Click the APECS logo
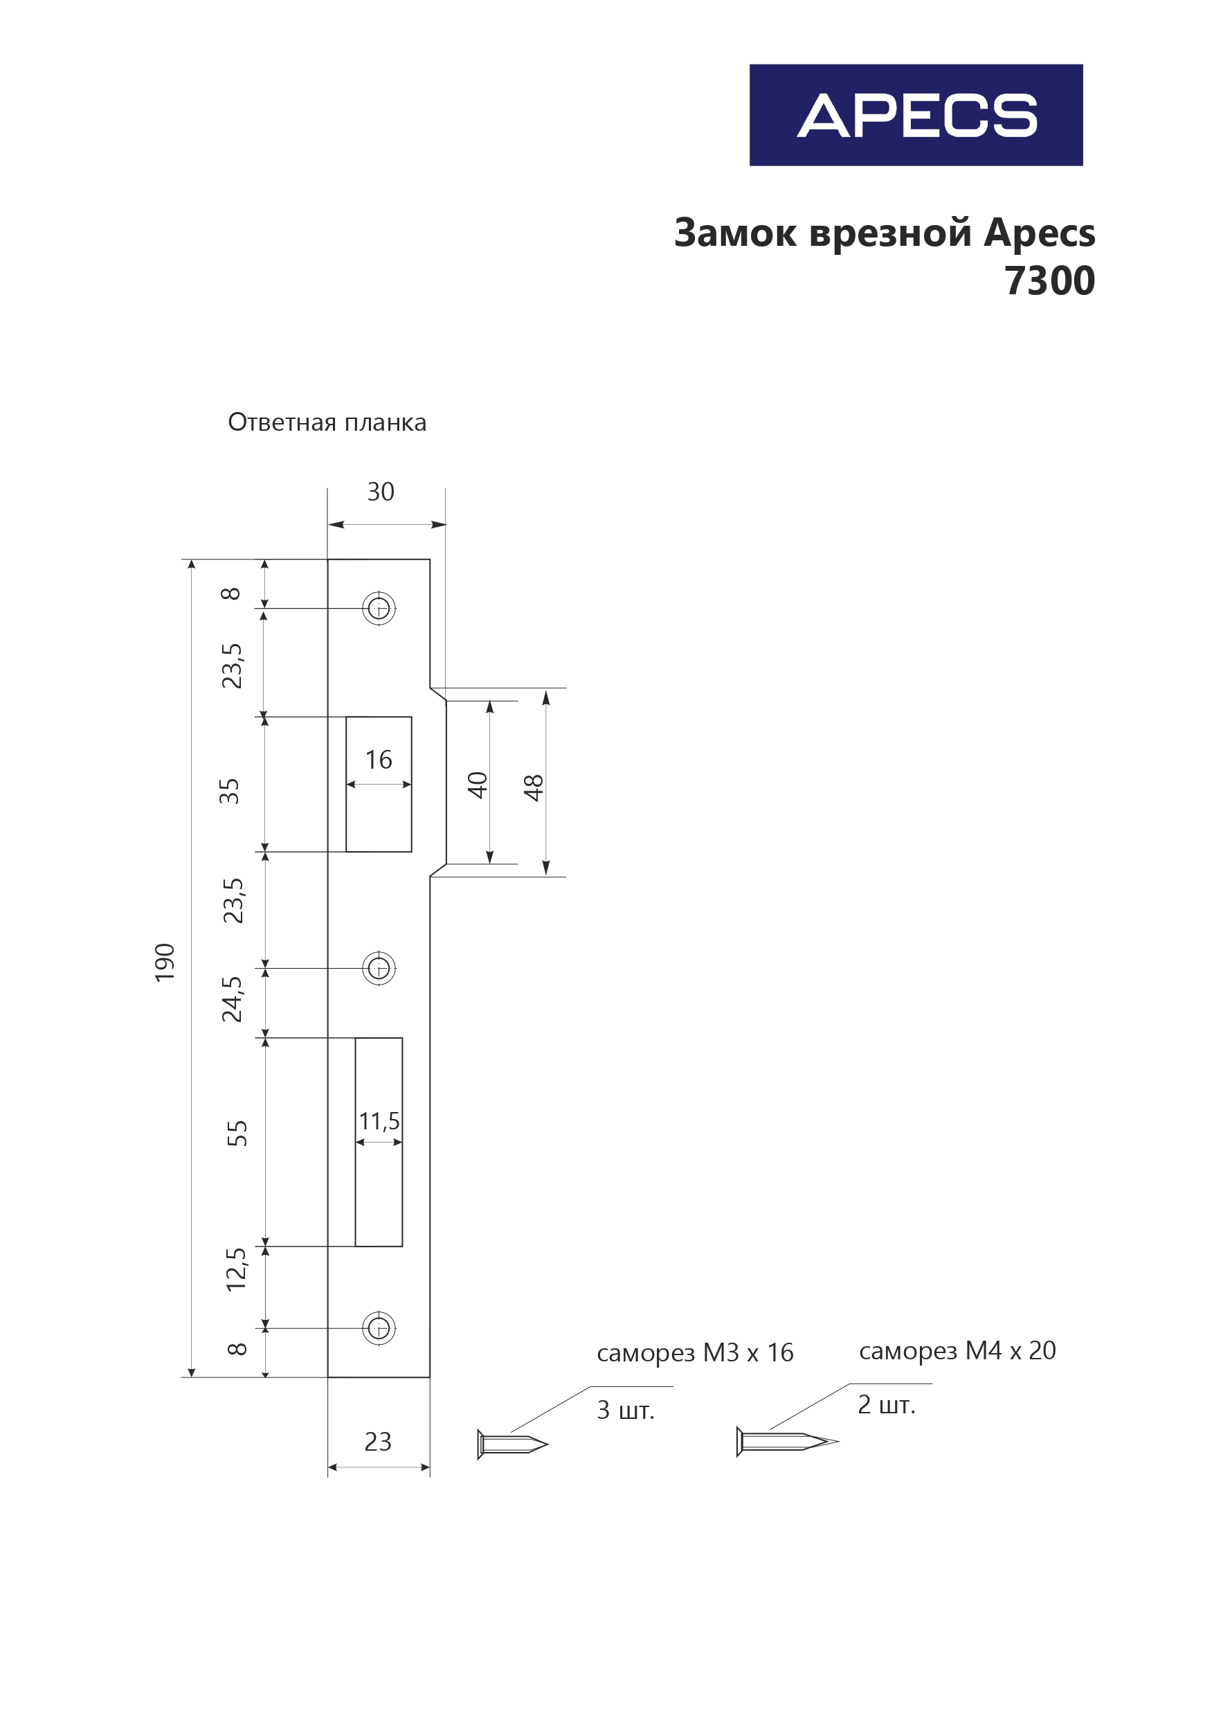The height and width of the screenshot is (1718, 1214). click(916, 115)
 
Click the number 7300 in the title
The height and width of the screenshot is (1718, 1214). click(1049, 281)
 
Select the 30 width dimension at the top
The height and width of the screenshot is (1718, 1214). click(380, 492)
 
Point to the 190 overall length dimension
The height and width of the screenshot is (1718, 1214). click(165, 963)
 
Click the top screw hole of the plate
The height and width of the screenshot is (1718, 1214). click(379, 609)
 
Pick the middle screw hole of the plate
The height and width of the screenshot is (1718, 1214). click(379, 968)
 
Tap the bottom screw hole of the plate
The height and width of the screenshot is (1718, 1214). click(379, 1328)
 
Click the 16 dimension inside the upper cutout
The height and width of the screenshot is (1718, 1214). click(379, 760)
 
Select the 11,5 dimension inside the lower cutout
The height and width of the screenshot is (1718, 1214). click(379, 1121)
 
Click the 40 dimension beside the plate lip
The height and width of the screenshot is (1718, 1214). click(477, 785)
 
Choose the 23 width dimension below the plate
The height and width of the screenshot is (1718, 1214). click(378, 1441)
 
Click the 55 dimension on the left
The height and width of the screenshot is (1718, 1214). click(237, 1133)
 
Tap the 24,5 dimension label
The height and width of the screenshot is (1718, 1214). click(232, 999)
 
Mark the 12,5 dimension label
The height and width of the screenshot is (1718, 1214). click(235, 1269)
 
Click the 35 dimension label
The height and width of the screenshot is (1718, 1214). click(230, 791)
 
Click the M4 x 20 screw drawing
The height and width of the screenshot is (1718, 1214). click(786, 1440)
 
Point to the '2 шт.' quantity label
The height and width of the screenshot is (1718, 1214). click(886, 1404)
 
